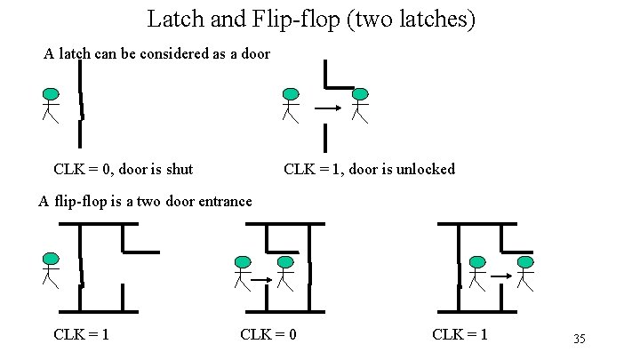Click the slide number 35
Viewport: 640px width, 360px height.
[580, 340]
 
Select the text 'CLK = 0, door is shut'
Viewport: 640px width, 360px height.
[124, 168]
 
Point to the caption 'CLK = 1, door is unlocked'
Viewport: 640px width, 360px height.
[369, 168]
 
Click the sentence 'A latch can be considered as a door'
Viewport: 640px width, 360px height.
[157, 54]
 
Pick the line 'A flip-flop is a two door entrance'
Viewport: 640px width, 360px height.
[145, 201]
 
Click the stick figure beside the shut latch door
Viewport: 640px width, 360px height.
[51, 105]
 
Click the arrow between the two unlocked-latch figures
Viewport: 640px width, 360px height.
[327, 109]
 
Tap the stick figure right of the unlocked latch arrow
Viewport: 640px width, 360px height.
[359, 104]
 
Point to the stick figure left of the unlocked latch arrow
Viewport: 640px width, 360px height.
[290, 104]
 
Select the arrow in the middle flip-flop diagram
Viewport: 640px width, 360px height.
[261, 280]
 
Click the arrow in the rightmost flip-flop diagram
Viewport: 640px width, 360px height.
[501, 277]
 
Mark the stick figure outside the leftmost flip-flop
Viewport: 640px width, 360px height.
[50, 269]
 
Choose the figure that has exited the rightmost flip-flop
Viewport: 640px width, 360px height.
[525, 273]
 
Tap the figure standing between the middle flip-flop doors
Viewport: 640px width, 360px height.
[284, 273]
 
